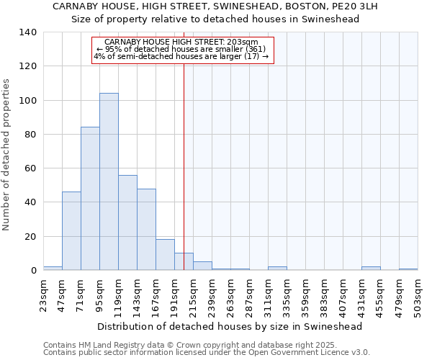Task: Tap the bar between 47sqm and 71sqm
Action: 71,231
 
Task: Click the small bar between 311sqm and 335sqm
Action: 277,269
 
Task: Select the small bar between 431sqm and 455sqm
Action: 371,269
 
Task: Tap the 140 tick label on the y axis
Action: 28,32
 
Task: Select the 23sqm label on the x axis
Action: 44,294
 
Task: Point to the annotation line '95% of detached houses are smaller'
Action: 184,50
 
